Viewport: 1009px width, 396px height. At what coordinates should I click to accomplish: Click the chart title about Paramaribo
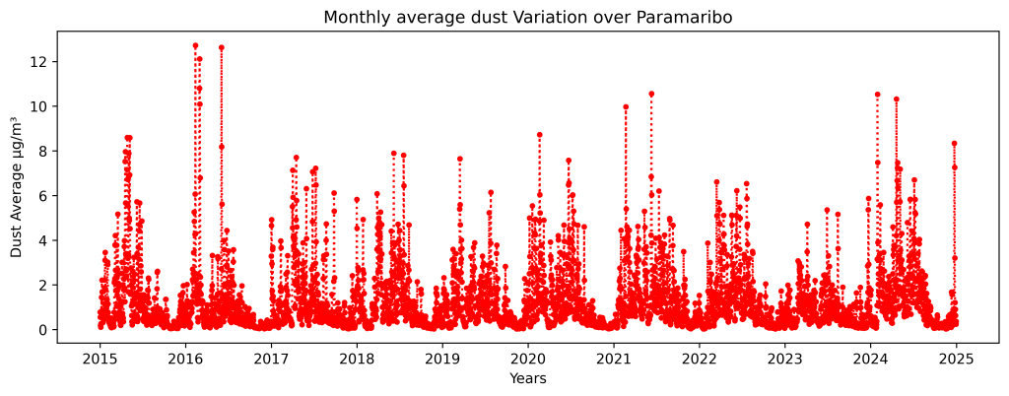[x=527, y=18]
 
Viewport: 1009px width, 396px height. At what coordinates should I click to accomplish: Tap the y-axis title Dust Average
[x=17, y=186]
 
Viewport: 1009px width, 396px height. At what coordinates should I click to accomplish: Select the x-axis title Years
[x=527, y=378]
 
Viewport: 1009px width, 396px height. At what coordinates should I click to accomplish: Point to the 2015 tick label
[x=100, y=359]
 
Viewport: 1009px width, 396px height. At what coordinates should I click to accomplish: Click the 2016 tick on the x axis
[x=185, y=359]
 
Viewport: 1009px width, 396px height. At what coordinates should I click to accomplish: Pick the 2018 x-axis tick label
[x=357, y=359]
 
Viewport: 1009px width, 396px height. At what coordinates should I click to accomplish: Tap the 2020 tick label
[x=527, y=359]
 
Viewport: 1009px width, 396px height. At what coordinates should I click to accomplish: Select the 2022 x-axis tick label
[x=699, y=359]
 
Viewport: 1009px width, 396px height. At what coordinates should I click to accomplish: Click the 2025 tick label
[x=956, y=359]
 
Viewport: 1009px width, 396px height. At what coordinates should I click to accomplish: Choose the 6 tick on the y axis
[x=40, y=196]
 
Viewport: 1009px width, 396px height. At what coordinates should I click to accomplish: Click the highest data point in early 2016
[x=195, y=45]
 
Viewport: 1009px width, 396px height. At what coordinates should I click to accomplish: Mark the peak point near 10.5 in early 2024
[x=877, y=95]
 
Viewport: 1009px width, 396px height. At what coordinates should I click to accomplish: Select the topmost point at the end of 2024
[x=954, y=144]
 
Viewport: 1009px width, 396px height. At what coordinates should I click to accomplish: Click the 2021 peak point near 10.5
[x=651, y=94]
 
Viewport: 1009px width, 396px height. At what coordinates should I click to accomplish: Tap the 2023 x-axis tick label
[x=784, y=359]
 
